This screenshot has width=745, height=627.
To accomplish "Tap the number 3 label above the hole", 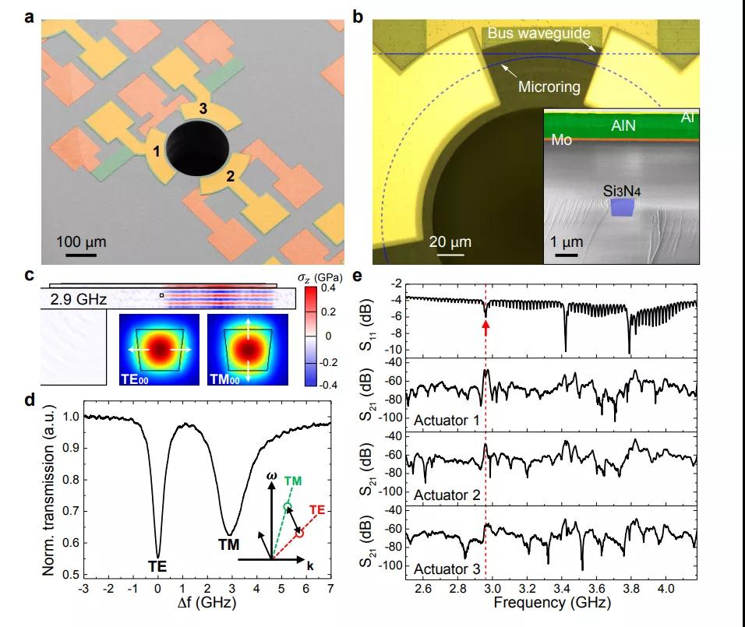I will point(203,109).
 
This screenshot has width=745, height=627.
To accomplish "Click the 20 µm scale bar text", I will point(450,241).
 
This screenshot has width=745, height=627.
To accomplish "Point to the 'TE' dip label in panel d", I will point(158,565).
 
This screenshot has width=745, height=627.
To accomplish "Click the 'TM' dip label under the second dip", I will point(228,542).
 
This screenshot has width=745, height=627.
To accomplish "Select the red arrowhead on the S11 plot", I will point(485,312).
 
